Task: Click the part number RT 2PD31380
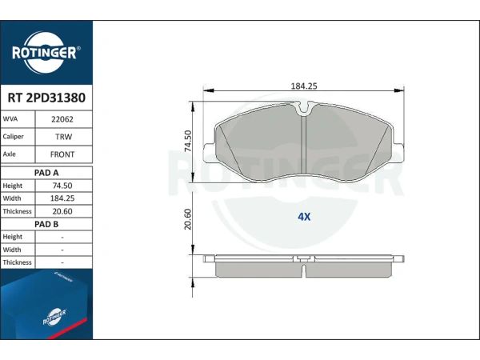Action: (46, 98)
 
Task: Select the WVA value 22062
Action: (62, 119)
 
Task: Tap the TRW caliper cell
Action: (63, 137)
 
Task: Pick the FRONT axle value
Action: (62, 154)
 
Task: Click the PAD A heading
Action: (46, 173)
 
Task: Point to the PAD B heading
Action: (46, 224)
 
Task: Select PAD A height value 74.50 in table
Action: (62, 186)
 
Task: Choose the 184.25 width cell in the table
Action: (62, 198)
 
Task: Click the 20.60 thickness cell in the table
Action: (62, 211)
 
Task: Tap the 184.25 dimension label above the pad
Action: (304, 86)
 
